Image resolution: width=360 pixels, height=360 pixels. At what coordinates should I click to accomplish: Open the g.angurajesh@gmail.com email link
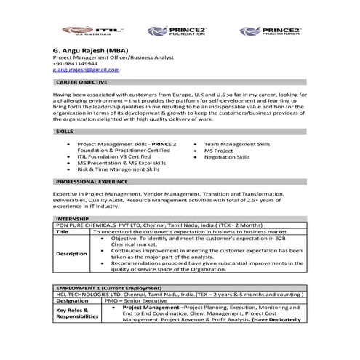(x=86, y=70)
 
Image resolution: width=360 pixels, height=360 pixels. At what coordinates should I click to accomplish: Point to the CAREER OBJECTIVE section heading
(x=81, y=83)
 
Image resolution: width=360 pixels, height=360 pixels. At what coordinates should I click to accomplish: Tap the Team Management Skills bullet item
(x=236, y=145)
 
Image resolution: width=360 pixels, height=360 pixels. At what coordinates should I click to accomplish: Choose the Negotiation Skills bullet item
(x=226, y=157)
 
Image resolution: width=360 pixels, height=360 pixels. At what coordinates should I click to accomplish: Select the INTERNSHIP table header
(x=71, y=218)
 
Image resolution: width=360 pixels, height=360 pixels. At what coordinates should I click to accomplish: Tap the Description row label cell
(x=71, y=254)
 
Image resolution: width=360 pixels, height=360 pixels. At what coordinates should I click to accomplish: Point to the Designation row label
(x=72, y=300)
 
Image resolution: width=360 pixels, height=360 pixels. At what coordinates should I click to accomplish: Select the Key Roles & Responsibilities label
(x=76, y=313)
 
